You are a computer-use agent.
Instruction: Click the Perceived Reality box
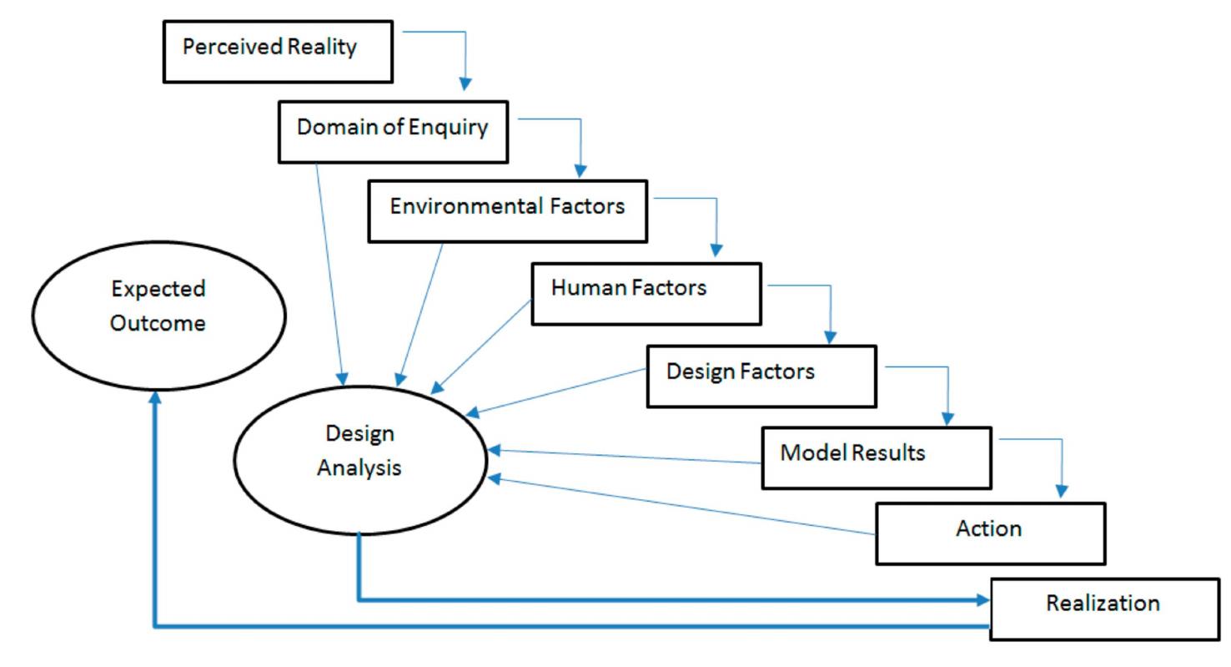(x=278, y=52)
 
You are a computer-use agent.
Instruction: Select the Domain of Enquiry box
(x=393, y=132)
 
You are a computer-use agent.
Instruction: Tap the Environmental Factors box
(x=507, y=211)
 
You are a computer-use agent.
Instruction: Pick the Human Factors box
(x=646, y=294)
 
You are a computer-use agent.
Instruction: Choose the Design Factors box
(x=761, y=376)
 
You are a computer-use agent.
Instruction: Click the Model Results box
(x=877, y=457)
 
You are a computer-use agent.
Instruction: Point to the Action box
(x=990, y=533)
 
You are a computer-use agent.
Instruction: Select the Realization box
(x=1104, y=609)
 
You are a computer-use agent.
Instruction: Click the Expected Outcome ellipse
(x=158, y=316)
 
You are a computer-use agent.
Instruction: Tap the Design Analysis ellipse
(x=359, y=459)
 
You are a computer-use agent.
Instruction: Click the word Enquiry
(x=455, y=127)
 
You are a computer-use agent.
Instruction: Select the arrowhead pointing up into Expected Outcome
(x=154, y=398)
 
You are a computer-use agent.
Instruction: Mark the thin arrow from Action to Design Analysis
(x=684, y=507)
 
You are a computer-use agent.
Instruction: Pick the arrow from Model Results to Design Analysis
(x=626, y=457)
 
